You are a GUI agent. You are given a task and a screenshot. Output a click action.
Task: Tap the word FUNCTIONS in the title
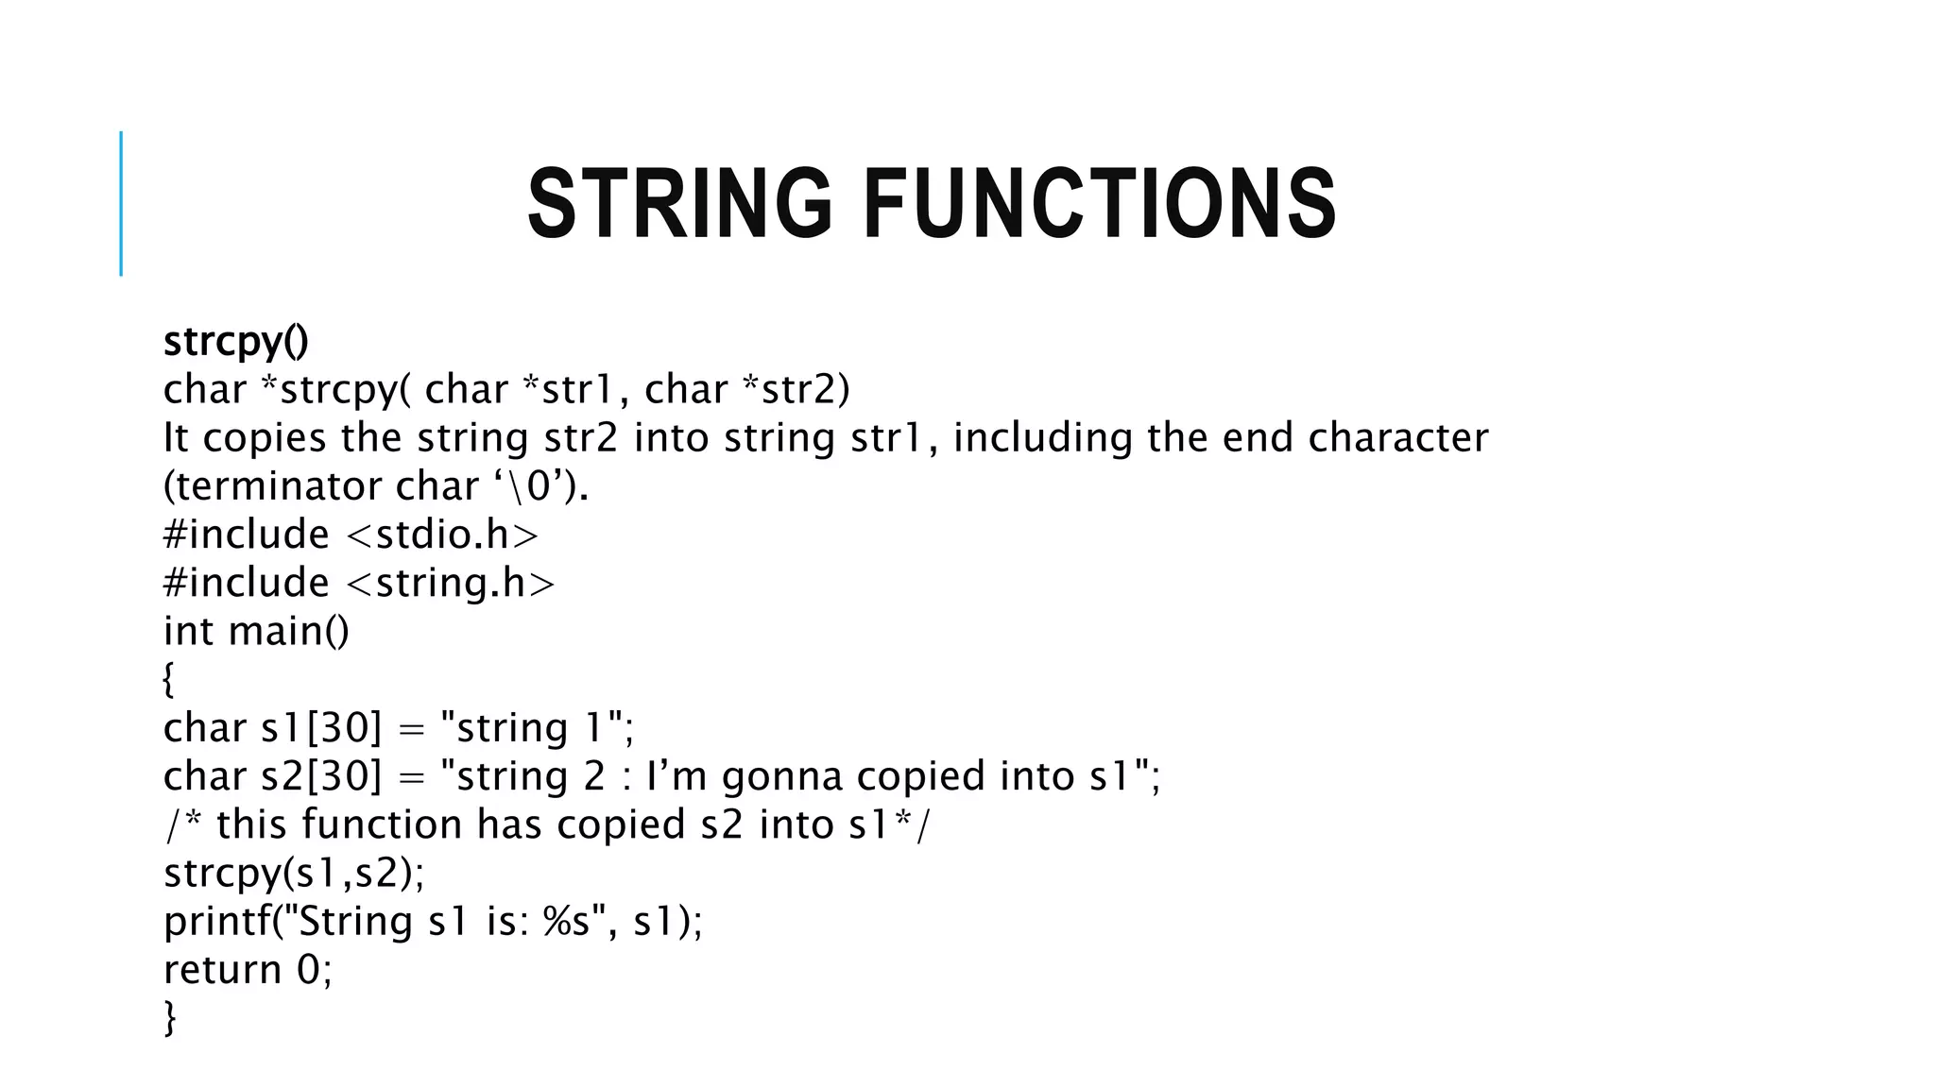point(1100,203)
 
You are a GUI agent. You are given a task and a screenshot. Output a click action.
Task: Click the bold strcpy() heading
point(235,341)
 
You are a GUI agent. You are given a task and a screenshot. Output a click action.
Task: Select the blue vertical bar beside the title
point(121,203)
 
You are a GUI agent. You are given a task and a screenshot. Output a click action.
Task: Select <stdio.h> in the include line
point(442,535)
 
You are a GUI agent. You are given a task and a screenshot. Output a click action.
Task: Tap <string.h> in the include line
point(451,583)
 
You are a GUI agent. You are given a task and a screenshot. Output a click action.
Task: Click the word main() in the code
point(289,631)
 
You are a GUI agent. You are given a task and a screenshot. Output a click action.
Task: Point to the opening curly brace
point(168,679)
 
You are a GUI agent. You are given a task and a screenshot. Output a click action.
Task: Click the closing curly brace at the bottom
point(170,1018)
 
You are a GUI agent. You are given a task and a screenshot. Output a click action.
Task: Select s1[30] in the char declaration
point(320,728)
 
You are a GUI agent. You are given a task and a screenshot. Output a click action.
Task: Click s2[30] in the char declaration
point(320,776)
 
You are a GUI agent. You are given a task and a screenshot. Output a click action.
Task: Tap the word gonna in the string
point(781,776)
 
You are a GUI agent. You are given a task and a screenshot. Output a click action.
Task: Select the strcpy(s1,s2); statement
point(294,873)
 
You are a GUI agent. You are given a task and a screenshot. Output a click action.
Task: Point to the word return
point(222,970)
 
